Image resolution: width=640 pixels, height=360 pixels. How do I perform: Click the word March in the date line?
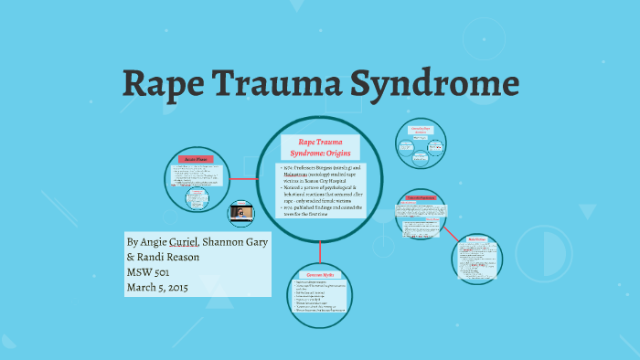146,288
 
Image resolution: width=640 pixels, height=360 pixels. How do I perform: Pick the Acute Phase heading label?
197,159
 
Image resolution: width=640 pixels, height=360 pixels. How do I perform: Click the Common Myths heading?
320,275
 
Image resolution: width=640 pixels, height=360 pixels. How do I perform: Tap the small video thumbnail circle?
240,214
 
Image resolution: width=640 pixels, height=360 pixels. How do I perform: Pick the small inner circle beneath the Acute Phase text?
196,198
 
